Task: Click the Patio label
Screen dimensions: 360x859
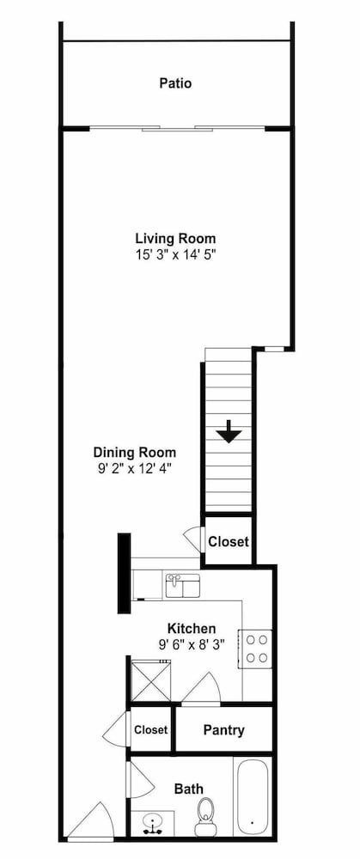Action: [175, 84]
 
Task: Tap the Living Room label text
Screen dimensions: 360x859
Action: [175, 239]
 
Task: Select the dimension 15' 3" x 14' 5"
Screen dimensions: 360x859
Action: [175, 254]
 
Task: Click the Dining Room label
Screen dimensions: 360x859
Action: [135, 453]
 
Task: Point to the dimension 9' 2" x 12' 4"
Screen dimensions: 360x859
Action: [135, 468]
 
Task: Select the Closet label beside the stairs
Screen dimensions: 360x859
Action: [229, 542]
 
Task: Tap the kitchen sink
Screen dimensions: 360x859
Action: [182, 585]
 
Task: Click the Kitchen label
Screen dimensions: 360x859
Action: [192, 629]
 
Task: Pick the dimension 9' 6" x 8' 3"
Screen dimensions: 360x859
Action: [192, 644]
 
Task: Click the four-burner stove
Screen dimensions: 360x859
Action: [255, 649]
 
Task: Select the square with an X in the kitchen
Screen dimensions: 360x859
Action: [150, 679]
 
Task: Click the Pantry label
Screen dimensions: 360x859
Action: [223, 729]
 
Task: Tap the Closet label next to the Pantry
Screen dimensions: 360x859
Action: [150, 729]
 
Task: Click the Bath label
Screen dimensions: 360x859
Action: [188, 789]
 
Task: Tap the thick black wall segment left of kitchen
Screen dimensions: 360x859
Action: [125, 573]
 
